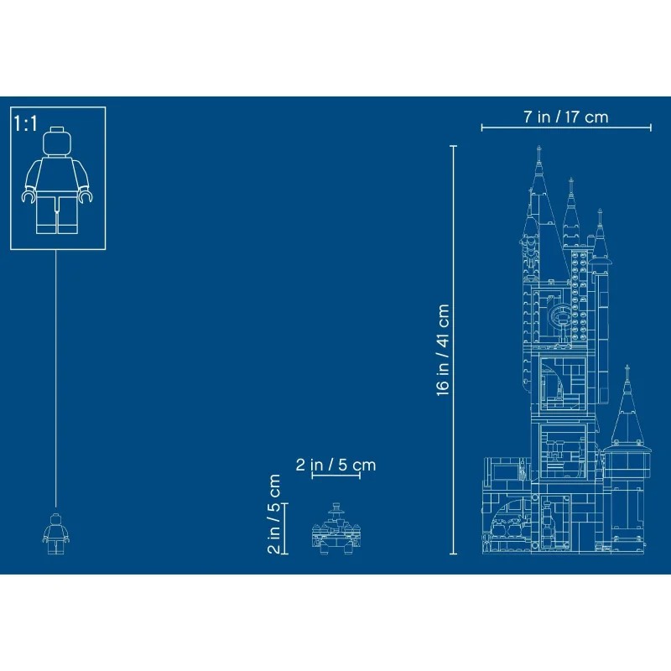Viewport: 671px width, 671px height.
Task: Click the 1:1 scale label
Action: [26, 123]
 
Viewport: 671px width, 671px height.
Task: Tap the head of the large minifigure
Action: [56, 140]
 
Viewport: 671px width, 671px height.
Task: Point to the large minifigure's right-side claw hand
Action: [85, 196]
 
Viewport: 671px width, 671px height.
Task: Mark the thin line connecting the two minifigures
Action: [56, 377]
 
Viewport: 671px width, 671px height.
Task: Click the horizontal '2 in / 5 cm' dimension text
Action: [335, 464]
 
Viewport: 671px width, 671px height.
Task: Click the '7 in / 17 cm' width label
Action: [566, 117]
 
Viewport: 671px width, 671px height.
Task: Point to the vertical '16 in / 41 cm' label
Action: [444, 348]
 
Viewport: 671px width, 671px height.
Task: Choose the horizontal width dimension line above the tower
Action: [566, 128]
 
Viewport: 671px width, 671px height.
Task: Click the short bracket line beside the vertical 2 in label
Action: [286, 528]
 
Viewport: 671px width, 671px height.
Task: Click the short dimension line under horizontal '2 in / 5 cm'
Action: [335, 476]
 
